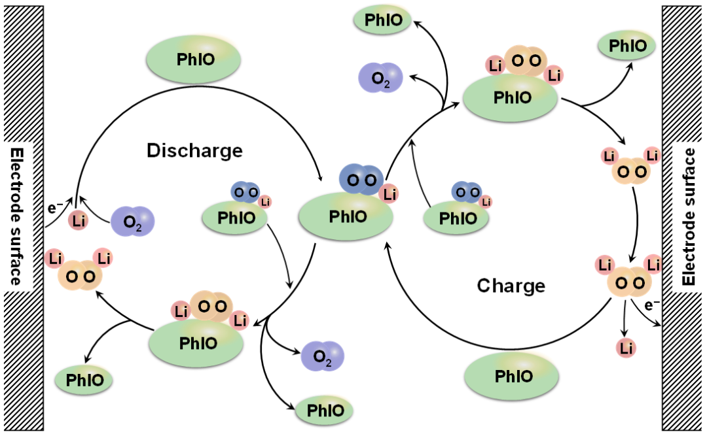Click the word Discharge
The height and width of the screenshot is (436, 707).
point(194,151)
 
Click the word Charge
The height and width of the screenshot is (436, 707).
point(511,286)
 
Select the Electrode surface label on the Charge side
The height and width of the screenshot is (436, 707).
point(689,216)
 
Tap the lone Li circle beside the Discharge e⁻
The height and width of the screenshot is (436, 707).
point(79,222)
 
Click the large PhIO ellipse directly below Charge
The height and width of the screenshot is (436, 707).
point(511,376)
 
